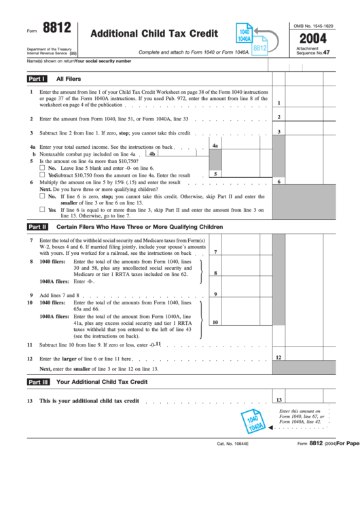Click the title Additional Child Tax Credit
click(154, 33)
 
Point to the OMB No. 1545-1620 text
click(313, 25)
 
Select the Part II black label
click(37, 226)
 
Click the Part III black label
click(38, 382)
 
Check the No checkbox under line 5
click(43, 167)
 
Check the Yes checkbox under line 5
click(43, 175)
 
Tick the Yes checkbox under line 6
click(43, 209)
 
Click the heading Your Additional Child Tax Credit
click(102, 382)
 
